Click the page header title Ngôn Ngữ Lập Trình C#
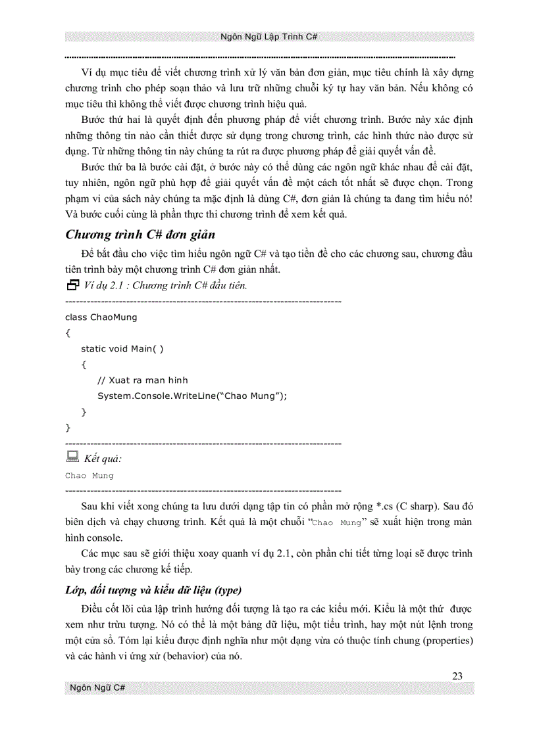point(269,37)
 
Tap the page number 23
point(458,676)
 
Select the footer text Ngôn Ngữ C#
point(98,688)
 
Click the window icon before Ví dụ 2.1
point(72,285)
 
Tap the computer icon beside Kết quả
point(72,457)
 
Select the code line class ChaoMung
point(101,317)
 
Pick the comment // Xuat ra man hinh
point(142,380)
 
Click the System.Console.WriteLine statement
point(193,396)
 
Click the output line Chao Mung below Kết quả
point(89,475)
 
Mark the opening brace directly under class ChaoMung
point(68,333)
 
